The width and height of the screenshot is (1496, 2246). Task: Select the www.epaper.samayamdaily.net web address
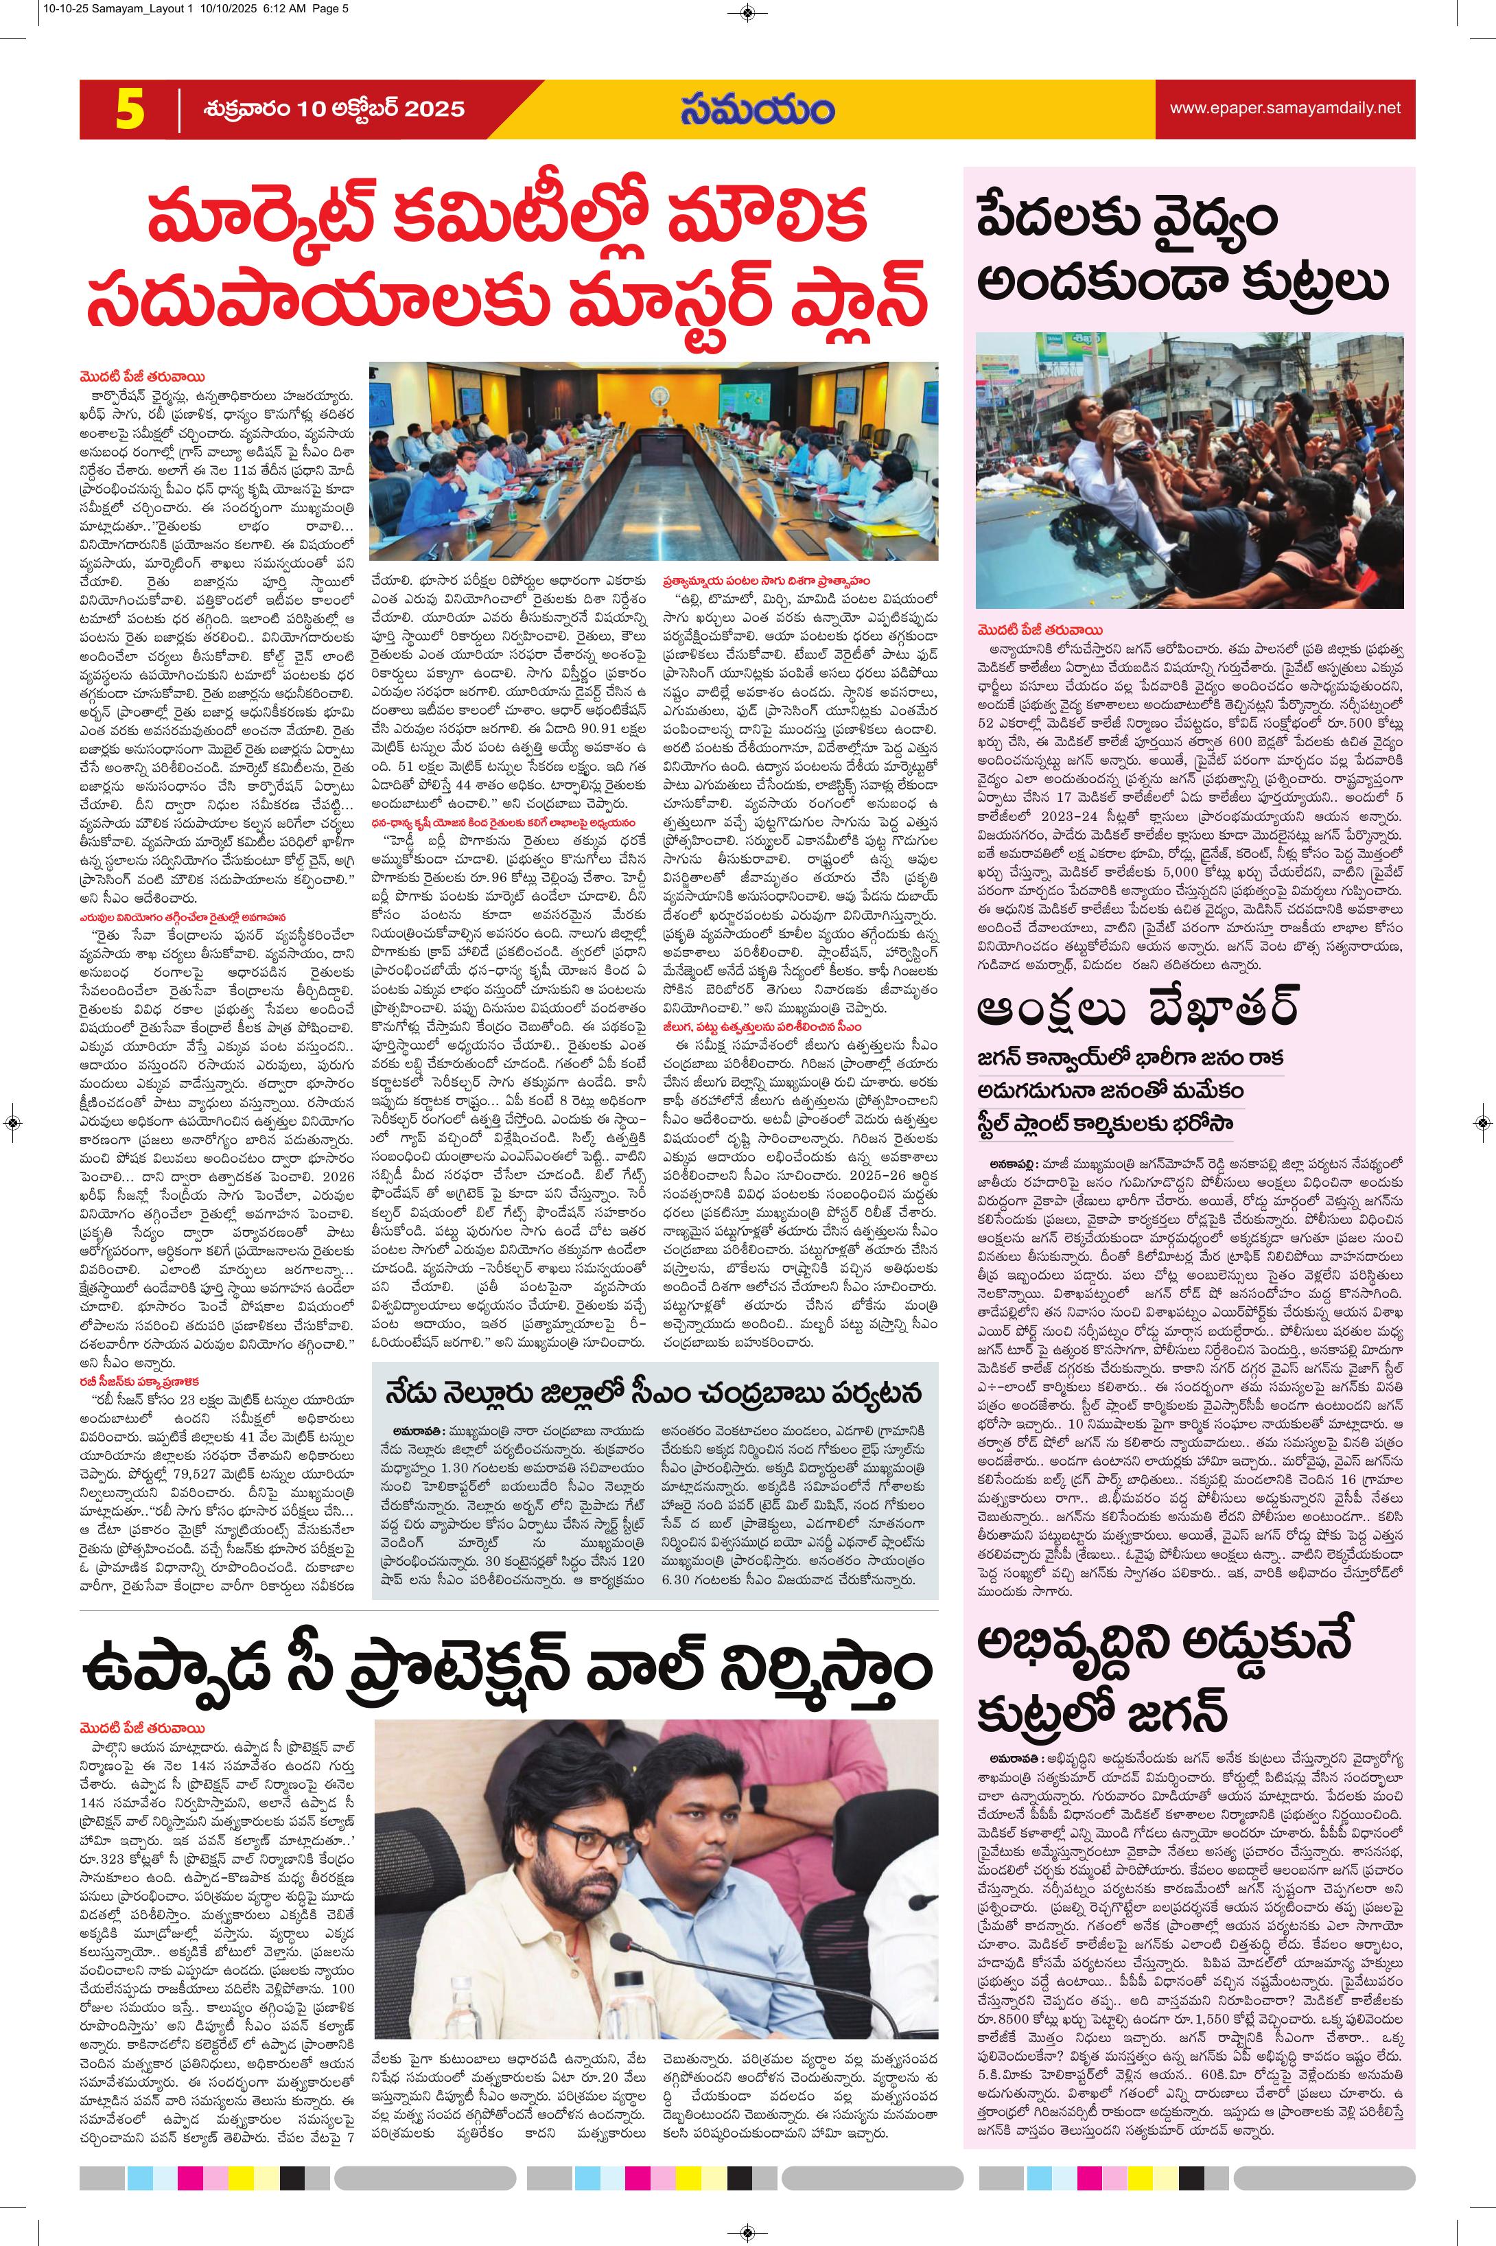1285,108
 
